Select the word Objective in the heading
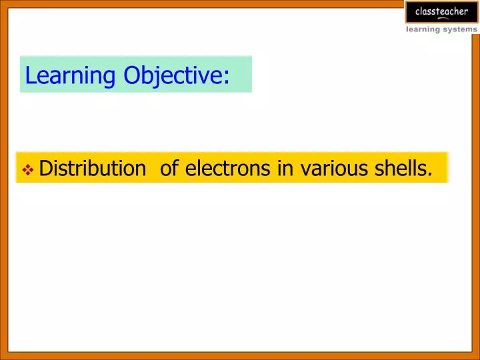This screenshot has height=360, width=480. (172, 75)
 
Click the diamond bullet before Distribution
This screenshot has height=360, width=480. (29, 170)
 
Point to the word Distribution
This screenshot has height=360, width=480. (92, 169)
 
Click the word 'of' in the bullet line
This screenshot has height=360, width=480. (169, 169)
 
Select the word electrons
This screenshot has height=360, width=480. (228, 169)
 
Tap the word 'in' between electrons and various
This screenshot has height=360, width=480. (285, 169)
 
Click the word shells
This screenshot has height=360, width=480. (402, 169)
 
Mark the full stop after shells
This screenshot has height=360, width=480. (430, 176)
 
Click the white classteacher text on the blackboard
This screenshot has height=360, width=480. (441, 11)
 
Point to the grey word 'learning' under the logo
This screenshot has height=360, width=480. (424, 29)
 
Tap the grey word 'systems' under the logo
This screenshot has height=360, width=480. (461, 29)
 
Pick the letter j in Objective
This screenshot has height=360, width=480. (157, 77)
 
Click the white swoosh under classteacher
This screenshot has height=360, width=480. (441, 18)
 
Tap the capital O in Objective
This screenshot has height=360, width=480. (133, 75)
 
